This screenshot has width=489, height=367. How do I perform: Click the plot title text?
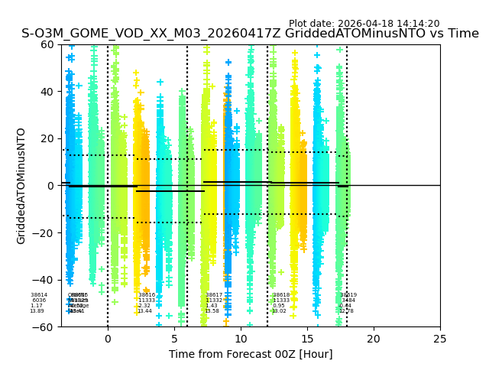pyautogui.click(x=250, y=34)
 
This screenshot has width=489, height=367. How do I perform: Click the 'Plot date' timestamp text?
pyautogui.click(x=364, y=24)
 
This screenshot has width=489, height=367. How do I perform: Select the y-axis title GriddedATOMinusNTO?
pyautogui.click(x=21, y=186)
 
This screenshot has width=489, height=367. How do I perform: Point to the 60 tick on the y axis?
pyautogui.click(x=48, y=44)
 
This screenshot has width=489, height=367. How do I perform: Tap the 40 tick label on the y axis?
pyautogui.click(x=48, y=92)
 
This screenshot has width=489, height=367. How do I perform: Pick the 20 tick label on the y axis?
pyautogui.click(x=48, y=138)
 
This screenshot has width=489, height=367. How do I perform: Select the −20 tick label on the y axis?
pyautogui.click(x=44, y=232)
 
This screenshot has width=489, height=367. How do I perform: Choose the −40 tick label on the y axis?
pyautogui.click(x=44, y=280)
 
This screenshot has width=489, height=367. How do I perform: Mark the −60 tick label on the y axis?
pyautogui.click(x=44, y=327)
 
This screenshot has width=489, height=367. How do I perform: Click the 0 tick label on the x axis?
pyautogui.click(x=108, y=339)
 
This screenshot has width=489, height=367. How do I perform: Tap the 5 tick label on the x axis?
pyautogui.click(x=174, y=339)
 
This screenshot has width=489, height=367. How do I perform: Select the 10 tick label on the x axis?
pyautogui.click(x=241, y=339)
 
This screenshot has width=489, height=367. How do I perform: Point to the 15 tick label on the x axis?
pyautogui.click(x=307, y=339)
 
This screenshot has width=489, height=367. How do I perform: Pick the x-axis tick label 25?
pyautogui.click(x=440, y=339)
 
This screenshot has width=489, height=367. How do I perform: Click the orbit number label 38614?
pyautogui.click(x=39, y=295)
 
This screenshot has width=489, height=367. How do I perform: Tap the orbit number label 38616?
pyautogui.click(x=146, y=295)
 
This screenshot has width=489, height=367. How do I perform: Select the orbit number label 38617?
pyautogui.click(x=214, y=295)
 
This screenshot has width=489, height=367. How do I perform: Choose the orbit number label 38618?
pyautogui.click(x=281, y=295)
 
